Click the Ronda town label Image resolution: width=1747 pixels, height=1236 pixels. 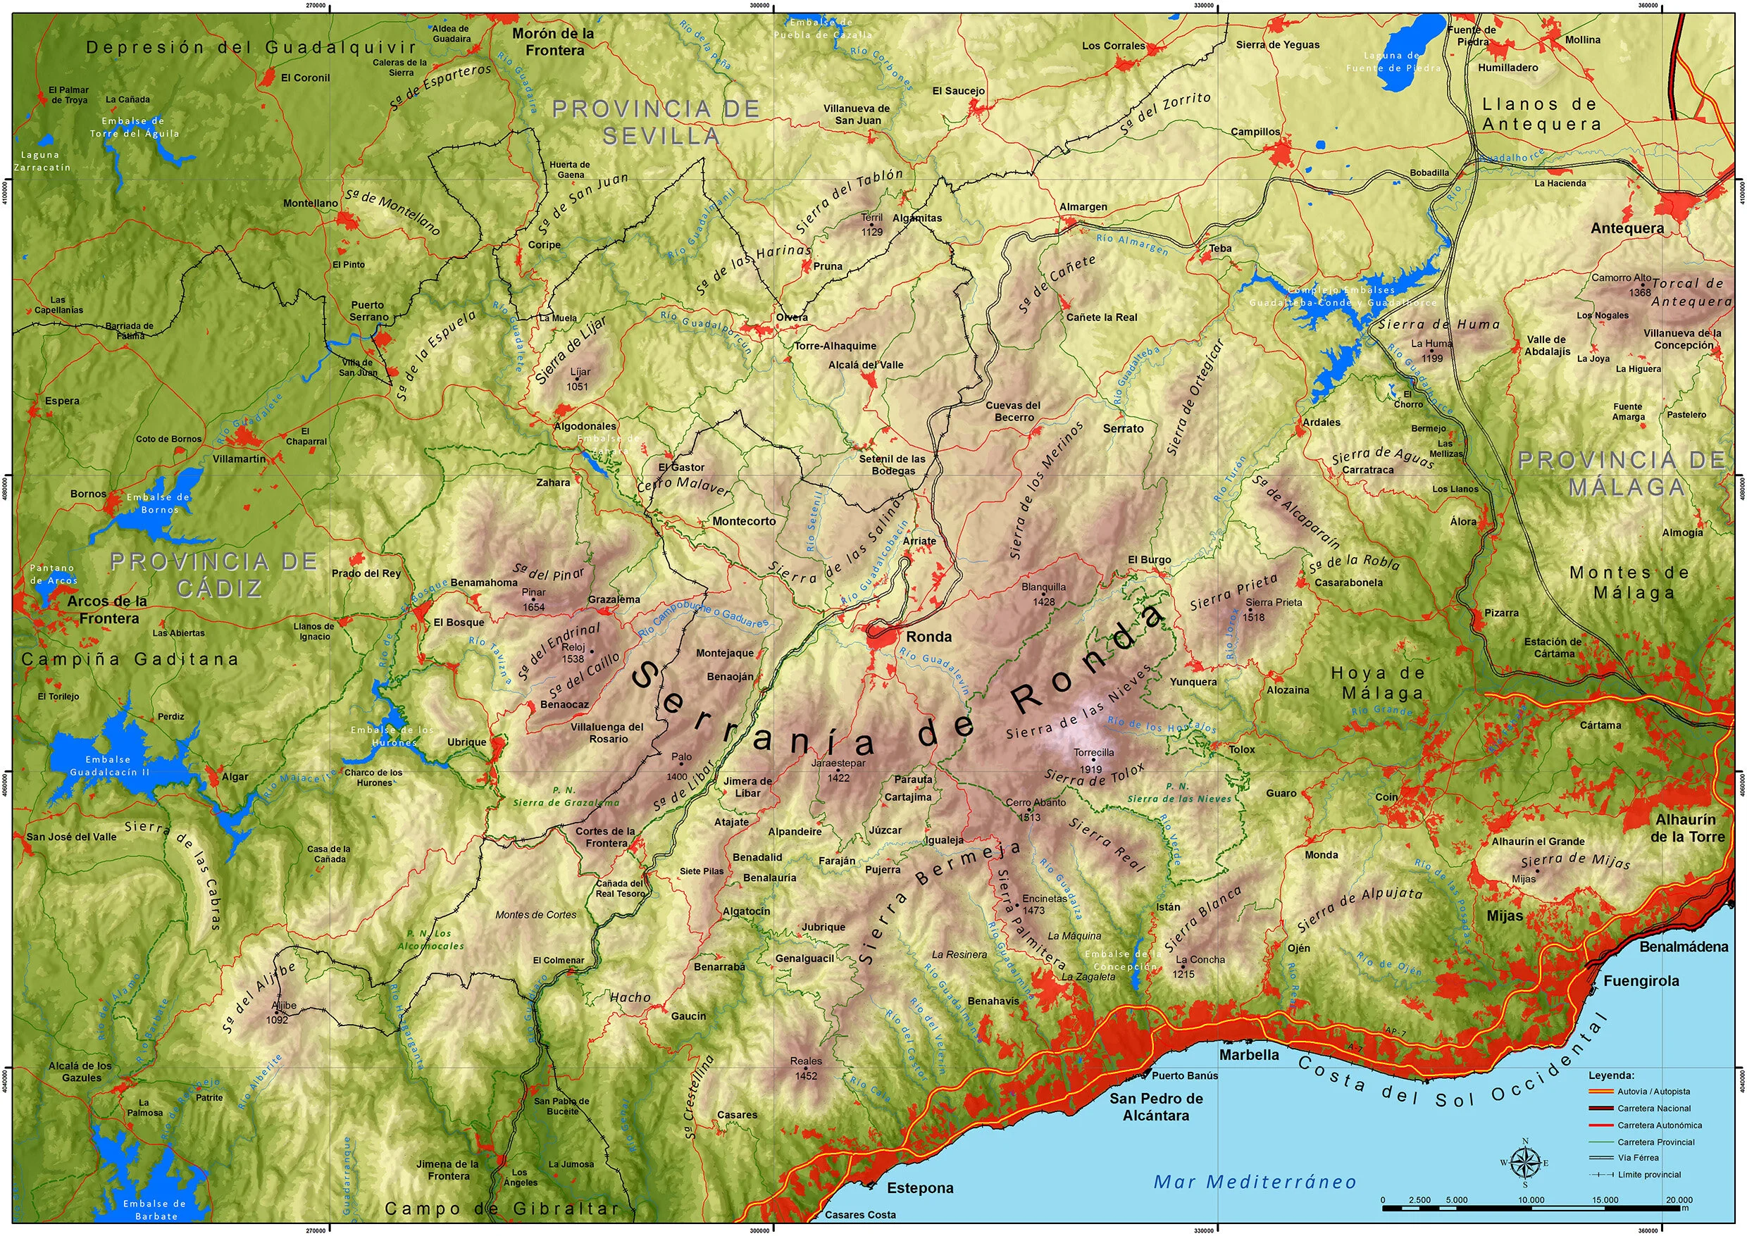928,636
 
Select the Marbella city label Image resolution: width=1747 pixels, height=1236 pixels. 1248,1055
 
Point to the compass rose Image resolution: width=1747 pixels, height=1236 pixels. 1524,1162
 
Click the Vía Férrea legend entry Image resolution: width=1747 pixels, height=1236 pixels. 1637,1158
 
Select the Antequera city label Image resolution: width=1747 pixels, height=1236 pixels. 1627,227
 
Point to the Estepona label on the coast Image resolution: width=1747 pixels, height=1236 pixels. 919,1188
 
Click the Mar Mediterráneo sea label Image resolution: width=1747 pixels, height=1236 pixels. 1255,1181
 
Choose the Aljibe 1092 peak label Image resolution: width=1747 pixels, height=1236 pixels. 282,1012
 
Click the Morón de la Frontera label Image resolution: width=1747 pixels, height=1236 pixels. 553,42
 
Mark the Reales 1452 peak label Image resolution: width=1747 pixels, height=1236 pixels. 805,1068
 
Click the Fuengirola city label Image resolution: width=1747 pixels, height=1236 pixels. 1641,981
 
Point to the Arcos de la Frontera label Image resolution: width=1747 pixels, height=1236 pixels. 107,610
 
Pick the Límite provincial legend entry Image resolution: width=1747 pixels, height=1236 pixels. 1649,1174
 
